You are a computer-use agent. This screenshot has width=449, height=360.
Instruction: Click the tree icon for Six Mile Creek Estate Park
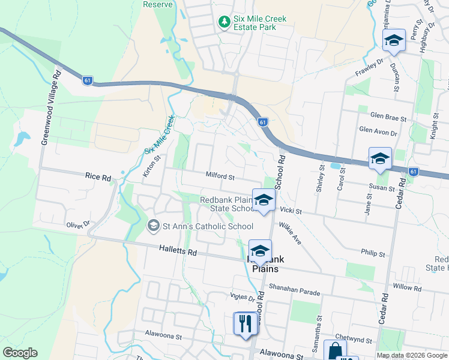pyautogui.click(x=224, y=22)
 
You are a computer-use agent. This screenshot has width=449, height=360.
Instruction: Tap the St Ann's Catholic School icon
pyautogui.click(x=153, y=226)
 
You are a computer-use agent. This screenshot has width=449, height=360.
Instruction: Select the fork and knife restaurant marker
pyautogui.click(x=245, y=324)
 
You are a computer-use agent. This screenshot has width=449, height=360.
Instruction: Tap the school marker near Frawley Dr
pyautogui.click(x=394, y=41)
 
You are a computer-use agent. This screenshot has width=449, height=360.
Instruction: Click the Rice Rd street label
pyautogui.click(x=98, y=178)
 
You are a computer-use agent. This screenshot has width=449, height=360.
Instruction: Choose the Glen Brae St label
pyautogui.click(x=388, y=116)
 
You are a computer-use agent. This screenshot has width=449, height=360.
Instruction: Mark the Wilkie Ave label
pyautogui.click(x=289, y=233)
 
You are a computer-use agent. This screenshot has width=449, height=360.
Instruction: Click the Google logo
pyautogui.click(x=20, y=353)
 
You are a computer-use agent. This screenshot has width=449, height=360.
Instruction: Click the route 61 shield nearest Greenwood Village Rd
pyautogui.click(x=88, y=80)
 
